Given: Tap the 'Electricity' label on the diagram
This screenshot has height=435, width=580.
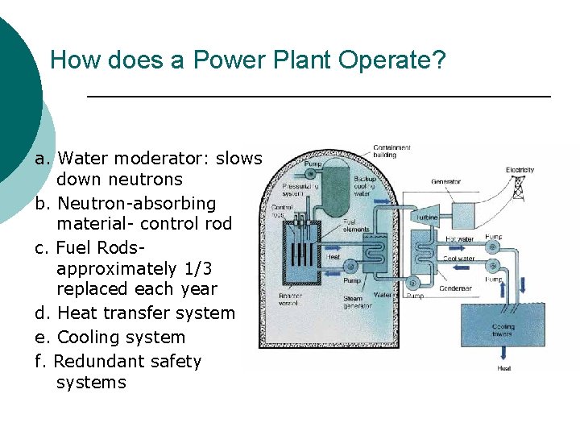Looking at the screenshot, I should pos(520,170).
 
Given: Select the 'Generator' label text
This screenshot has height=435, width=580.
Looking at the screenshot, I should pos(445,181).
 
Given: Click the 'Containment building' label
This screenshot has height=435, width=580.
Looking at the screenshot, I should pos(391,151).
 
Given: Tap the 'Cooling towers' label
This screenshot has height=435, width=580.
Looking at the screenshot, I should pos(503,330).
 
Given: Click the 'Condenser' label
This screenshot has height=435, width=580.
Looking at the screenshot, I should pos(455,288).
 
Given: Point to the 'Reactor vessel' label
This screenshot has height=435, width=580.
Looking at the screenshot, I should pos(290,299).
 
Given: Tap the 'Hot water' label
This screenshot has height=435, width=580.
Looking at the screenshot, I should pos(459,239).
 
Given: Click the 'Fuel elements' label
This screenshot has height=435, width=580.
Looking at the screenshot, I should pos(355,225).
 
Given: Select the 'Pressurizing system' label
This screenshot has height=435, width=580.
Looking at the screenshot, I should pos(294,189).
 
